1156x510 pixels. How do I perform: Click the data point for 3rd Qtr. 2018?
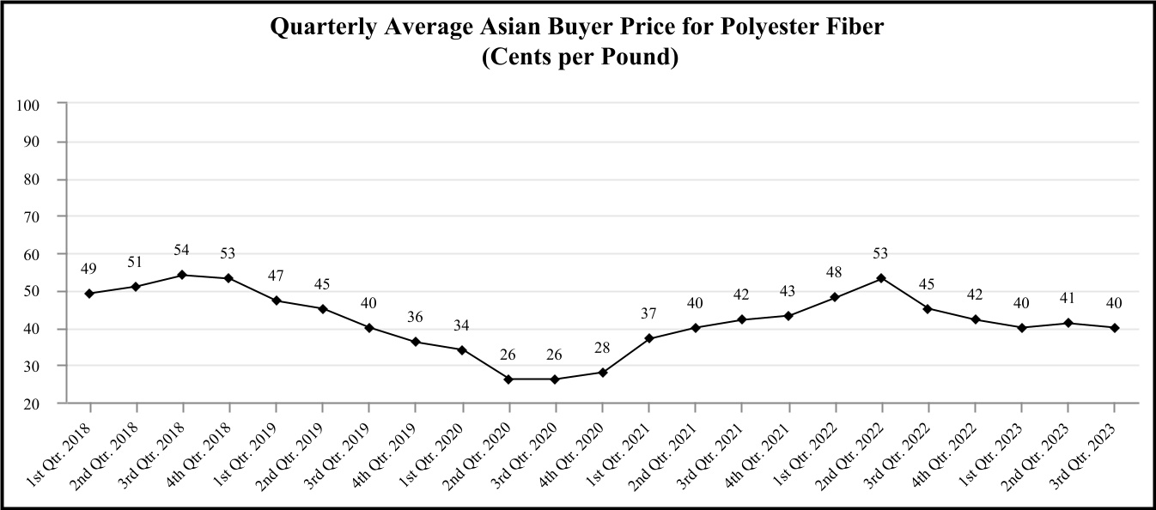tap(182, 275)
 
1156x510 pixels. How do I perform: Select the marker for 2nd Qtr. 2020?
tap(508, 379)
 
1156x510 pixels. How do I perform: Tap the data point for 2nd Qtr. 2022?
tap(881, 278)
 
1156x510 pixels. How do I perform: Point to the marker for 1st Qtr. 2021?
tap(648, 338)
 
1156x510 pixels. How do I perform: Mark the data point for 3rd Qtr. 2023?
tap(1114, 327)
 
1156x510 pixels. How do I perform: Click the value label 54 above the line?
tap(182, 250)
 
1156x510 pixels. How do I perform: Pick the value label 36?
tap(416, 317)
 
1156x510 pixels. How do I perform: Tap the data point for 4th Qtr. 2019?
tap(416, 342)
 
